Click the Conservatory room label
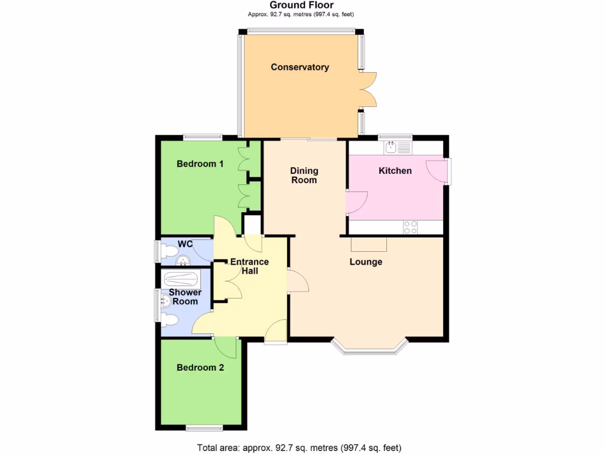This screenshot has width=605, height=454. coord(300,67)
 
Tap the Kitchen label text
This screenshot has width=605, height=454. coord(395,171)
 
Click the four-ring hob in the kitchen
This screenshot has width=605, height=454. coord(410,226)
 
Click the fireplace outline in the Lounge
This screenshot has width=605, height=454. coord(369,244)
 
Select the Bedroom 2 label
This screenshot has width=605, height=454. coord(200,368)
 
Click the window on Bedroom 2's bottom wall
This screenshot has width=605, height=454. coord(204,427)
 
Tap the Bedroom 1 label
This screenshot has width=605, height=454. coord(200,164)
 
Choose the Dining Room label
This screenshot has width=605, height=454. coord(304,176)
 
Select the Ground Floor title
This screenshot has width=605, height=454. coord(302,5)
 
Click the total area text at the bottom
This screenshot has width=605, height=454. coord(302,447)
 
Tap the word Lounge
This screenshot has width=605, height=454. coord(366,262)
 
